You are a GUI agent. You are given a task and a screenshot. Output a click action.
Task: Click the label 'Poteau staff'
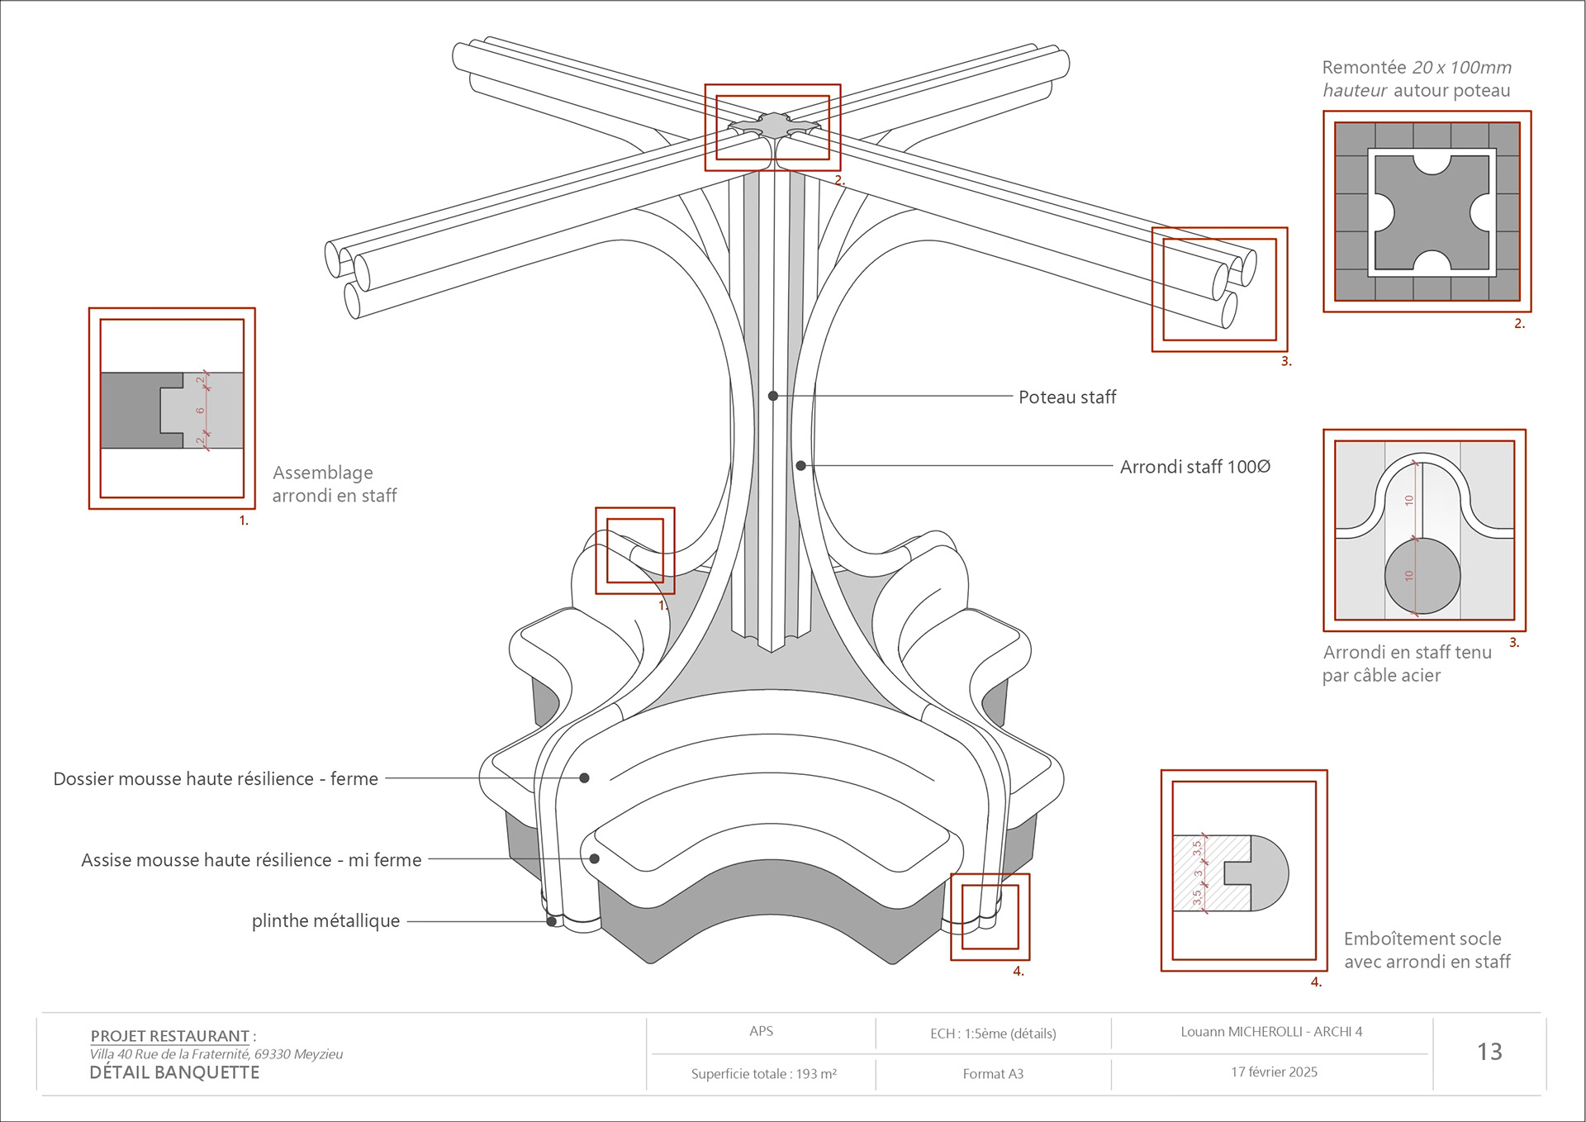1066,397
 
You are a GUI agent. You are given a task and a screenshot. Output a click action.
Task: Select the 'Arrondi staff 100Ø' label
1194,467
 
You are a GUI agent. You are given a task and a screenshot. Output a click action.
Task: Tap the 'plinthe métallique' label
325,921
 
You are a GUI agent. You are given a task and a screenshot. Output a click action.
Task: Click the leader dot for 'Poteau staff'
773,396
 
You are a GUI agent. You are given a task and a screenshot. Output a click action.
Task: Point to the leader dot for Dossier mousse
584,777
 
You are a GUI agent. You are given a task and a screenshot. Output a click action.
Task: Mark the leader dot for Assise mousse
594,858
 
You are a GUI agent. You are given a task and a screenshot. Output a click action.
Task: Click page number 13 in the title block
1489,1052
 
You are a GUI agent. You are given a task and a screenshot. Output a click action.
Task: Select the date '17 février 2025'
1274,1072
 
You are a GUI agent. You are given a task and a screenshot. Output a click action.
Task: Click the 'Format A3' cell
993,1073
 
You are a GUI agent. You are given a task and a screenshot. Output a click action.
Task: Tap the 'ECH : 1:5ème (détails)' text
993,1033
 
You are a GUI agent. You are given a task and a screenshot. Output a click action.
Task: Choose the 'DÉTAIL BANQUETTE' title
174,1072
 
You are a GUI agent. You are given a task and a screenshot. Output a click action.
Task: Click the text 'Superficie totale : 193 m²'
763,1073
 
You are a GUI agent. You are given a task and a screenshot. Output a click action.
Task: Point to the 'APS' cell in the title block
761,1031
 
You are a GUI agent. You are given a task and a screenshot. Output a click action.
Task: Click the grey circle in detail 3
1422,576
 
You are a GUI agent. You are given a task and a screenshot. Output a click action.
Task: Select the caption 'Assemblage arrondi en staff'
334,484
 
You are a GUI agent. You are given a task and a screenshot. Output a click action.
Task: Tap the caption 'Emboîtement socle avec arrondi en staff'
1427,950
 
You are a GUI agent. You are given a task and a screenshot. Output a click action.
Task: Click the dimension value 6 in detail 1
200,410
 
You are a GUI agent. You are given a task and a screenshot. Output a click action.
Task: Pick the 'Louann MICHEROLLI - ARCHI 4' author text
1271,1031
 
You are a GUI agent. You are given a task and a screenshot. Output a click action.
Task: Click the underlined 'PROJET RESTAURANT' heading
169,1036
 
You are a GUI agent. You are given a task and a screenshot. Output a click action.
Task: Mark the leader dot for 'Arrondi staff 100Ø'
800,466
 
